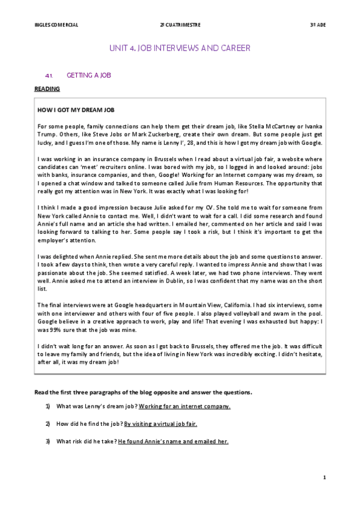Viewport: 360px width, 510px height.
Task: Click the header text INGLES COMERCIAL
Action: pos(57,25)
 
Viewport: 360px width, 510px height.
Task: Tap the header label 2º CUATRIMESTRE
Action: pos(180,25)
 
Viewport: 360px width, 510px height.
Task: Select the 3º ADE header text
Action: pos(317,25)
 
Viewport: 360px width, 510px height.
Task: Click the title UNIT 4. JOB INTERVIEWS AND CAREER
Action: pos(180,48)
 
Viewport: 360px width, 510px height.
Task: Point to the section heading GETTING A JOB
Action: pos(89,76)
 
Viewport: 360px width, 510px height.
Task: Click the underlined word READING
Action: pos(48,89)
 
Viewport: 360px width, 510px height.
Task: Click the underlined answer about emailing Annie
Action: pos(173,442)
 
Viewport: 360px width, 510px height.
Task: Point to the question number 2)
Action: pos(47,424)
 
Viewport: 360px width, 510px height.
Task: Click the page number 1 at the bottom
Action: pos(324,478)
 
